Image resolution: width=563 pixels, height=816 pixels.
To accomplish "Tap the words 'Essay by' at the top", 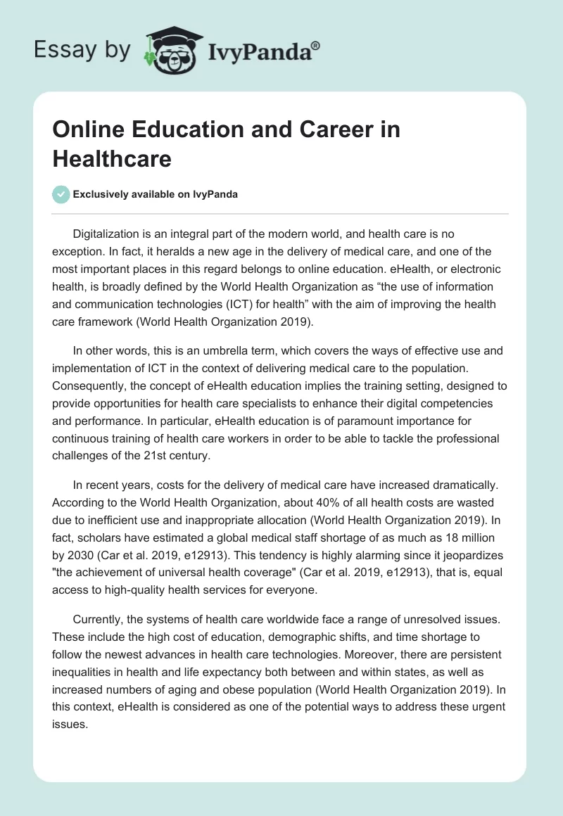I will click(82, 50).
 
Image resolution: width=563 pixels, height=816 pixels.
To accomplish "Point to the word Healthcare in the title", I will click(112, 158).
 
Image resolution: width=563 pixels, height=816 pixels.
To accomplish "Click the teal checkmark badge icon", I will click(61, 194).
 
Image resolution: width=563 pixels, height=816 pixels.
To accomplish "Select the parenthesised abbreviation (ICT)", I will click(246, 305).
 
